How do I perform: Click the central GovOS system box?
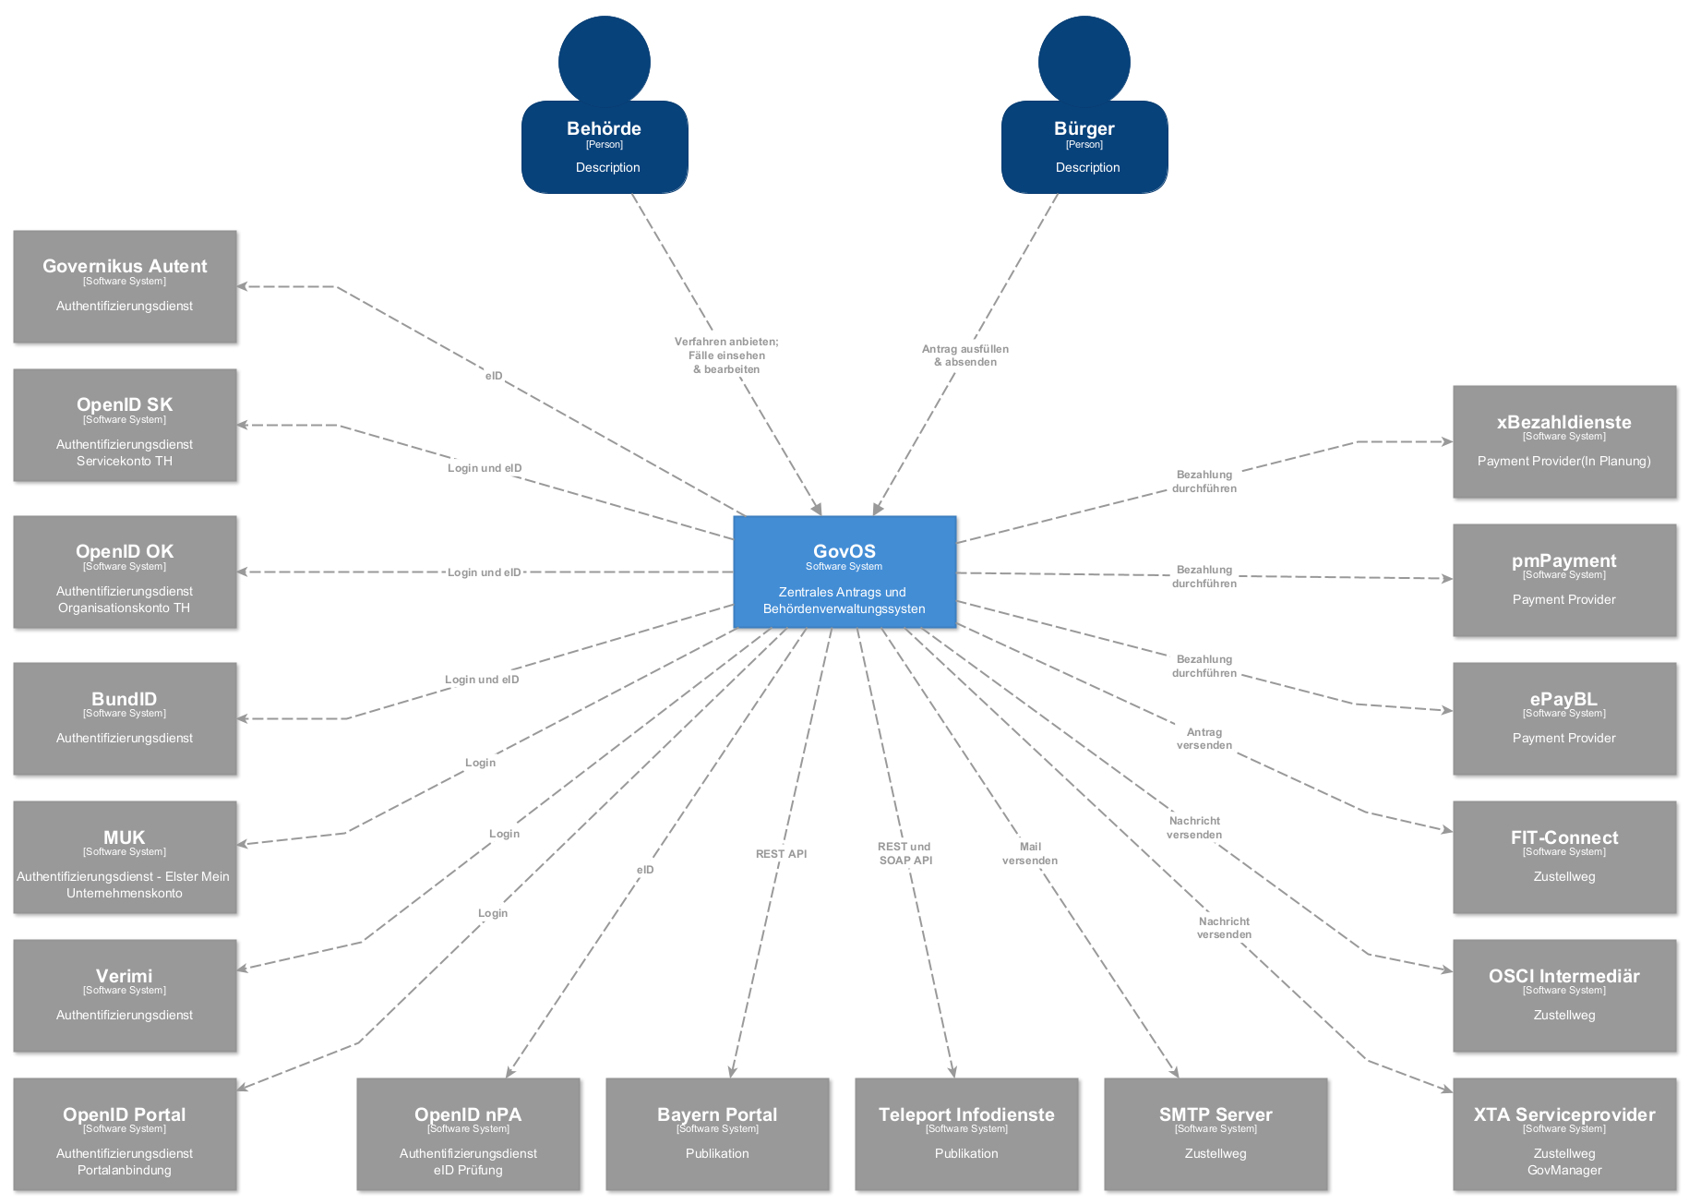pos(844,572)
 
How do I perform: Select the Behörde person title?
pos(604,128)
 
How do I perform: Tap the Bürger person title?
pos(1084,128)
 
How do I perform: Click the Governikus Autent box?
pos(125,286)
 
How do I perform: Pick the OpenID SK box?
pos(125,425)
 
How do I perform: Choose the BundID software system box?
pos(125,718)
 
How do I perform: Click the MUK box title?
pos(125,837)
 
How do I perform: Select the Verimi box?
pos(125,995)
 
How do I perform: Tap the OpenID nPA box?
pos(468,1134)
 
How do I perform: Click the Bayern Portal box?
pos(717,1134)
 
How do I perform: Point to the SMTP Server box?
pos(1216,1134)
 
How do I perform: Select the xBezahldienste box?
pos(1564,441)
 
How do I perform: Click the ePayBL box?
pos(1564,718)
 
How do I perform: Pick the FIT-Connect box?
pos(1564,857)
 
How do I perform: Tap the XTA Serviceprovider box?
pos(1564,1134)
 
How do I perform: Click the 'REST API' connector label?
pos(781,854)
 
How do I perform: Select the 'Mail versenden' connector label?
pos(1030,853)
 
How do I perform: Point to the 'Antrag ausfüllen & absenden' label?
pos(965,355)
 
